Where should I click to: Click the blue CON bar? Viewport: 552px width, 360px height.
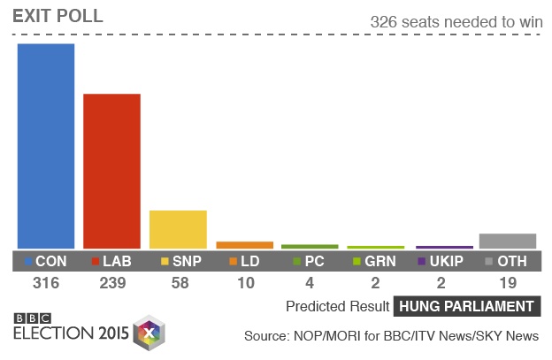pos(46,146)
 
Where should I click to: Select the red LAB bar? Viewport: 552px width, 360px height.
pos(111,171)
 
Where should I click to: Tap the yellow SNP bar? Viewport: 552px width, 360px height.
pos(178,229)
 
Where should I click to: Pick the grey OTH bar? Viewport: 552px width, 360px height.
pos(508,241)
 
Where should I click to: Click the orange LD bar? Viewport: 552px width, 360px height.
pos(244,245)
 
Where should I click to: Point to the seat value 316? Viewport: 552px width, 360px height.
pos(46,284)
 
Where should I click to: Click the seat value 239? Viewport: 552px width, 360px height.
pos(111,284)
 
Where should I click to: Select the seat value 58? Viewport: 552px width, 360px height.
pos(178,284)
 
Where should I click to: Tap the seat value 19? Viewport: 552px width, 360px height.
pos(508,284)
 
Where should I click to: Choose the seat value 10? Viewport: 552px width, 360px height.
pos(244,284)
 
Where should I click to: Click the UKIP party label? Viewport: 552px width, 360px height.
pos(447,262)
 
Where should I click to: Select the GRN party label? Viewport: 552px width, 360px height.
pos(380,262)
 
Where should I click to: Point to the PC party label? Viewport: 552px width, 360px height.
pos(314,262)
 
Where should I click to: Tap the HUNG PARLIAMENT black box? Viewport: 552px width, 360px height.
pos(467,307)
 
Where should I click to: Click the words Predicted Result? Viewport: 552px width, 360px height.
pos(337,307)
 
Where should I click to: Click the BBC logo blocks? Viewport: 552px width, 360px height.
pos(33,318)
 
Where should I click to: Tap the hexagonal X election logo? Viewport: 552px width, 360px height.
pos(149,333)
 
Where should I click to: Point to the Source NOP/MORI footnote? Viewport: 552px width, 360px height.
pos(391,336)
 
